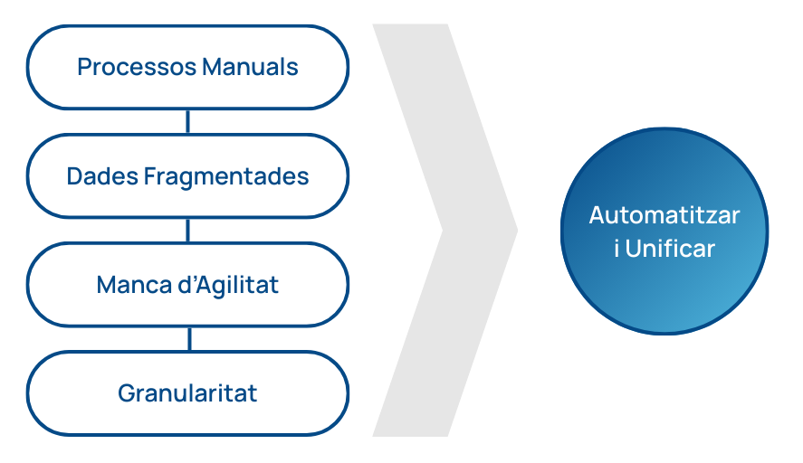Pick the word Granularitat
pos(187,394)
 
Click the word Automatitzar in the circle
pos(664,215)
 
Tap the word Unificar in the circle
pos(670,248)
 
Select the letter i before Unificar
pos(617,248)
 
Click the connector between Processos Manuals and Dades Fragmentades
pos(187,121)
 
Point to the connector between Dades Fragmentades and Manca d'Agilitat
pos(187,231)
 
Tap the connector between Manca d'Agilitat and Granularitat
pos(187,339)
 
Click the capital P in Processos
pos(84,67)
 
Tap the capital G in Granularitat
pos(126,394)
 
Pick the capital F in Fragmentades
pos(149,176)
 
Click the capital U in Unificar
pos(633,248)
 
